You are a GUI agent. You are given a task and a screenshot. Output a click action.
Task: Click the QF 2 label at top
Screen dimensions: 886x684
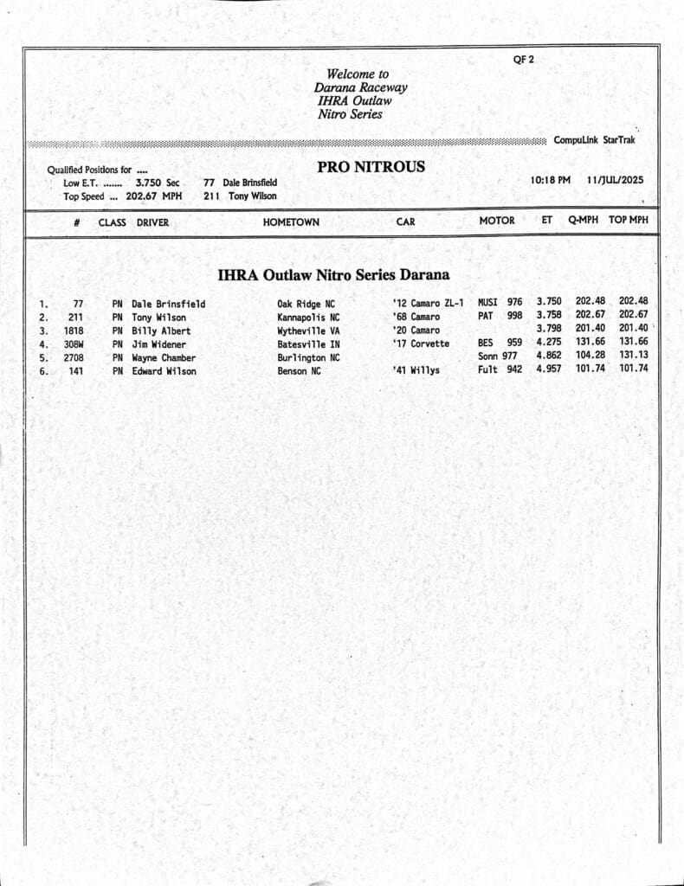point(524,60)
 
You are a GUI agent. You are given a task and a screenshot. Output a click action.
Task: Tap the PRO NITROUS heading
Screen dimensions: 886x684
point(371,167)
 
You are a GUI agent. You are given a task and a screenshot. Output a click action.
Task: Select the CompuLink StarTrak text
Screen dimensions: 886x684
point(595,139)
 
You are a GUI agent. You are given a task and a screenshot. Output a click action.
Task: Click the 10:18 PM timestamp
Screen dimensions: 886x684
point(550,180)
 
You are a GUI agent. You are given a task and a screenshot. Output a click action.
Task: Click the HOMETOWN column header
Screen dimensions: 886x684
point(291,222)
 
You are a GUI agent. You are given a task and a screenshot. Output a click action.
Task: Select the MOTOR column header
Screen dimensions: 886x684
point(497,221)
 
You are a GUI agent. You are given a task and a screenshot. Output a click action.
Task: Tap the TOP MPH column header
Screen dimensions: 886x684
point(628,221)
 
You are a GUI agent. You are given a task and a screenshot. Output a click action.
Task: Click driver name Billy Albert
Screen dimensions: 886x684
point(161,331)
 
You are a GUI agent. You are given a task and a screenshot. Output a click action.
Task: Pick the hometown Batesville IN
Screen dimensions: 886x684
point(308,344)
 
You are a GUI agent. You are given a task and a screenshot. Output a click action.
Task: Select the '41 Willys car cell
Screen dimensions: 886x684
point(416,371)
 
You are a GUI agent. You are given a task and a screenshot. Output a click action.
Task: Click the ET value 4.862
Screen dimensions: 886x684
point(549,355)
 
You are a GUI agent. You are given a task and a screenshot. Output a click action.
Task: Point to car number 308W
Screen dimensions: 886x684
point(73,344)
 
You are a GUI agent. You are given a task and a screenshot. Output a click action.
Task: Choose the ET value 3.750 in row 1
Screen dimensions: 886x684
point(549,302)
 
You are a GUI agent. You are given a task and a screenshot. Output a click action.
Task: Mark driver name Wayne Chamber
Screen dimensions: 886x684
point(164,357)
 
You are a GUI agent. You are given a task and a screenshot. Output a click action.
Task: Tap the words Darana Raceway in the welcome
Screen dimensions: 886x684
point(360,87)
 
